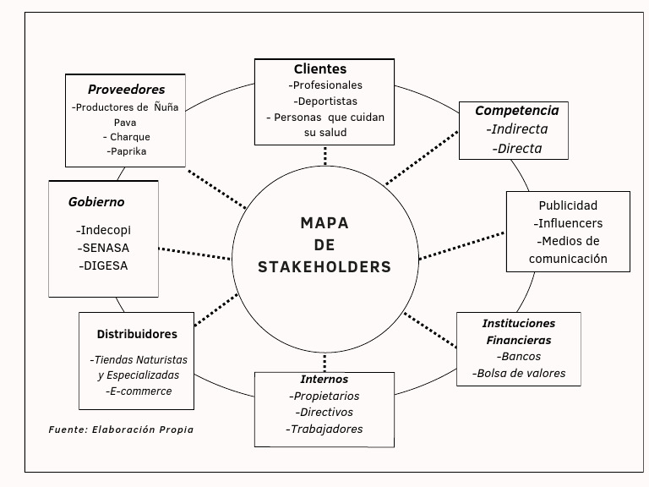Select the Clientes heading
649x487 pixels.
pos(320,69)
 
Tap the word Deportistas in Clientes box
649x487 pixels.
pos(325,101)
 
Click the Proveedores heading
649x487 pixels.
pos(127,89)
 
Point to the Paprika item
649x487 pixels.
pos(127,151)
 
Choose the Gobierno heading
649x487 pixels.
pos(96,202)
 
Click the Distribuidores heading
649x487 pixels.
pos(136,334)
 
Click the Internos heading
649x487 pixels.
pos(324,379)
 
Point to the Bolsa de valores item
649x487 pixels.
pos(519,373)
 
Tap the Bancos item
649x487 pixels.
pos(520,356)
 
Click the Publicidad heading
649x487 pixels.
pos(568,205)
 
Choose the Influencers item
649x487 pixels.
pos(568,223)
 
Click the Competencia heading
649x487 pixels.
pos(516,111)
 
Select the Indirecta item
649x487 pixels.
pos(517,129)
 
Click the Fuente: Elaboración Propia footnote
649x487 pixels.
pos(121,430)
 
